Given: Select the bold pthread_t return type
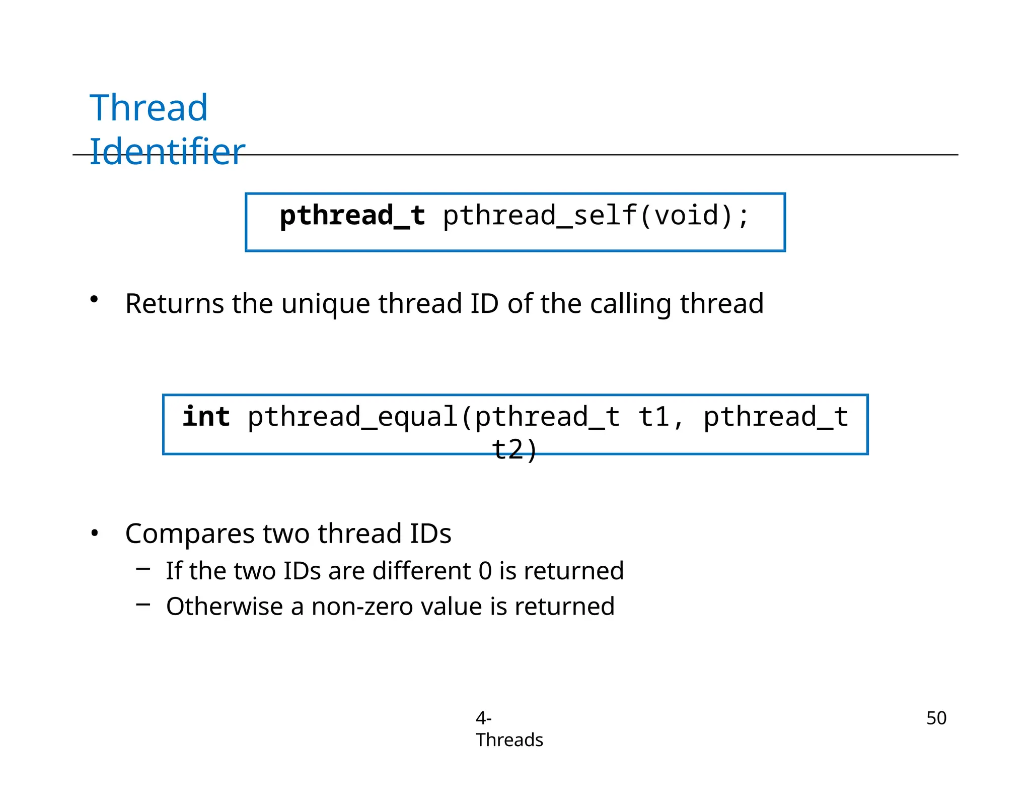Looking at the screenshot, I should [352, 216].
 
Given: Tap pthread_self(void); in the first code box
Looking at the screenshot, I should [597, 216].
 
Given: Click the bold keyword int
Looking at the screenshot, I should [206, 417].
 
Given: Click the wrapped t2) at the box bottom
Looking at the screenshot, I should [514, 449].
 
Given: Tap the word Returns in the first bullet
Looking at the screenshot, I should [174, 303].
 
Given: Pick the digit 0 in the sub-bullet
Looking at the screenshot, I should [485, 571].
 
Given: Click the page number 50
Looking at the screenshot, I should [936, 718].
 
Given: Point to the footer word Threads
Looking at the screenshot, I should [509, 740].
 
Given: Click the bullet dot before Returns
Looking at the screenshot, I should [94, 300].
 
